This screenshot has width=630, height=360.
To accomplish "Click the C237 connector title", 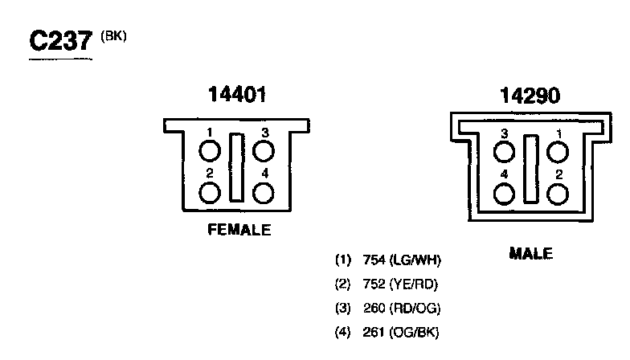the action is (60, 41).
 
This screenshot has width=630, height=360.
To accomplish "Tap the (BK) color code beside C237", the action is (113, 37).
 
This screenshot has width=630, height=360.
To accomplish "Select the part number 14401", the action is (236, 95).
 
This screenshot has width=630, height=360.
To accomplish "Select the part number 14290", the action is (530, 96).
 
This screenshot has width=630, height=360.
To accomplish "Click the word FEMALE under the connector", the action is (239, 230).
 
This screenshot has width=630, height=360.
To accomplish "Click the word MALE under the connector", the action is (531, 254).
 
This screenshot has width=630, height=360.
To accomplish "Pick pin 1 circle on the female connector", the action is (210, 151).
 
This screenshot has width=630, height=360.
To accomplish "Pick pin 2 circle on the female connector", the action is (210, 193).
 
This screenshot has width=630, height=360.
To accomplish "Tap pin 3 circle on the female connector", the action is (264, 151).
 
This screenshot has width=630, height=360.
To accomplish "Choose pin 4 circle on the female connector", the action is (264, 193).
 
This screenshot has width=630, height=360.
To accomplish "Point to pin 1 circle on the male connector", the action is (558, 152).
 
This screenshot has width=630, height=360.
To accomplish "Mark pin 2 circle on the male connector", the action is (558, 194).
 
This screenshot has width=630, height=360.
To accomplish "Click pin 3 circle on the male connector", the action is (505, 152).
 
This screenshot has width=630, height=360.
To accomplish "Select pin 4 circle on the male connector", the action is (505, 194).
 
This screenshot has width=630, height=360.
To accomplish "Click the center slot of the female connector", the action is (236, 168).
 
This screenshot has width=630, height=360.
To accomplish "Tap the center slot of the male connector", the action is (531, 169).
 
